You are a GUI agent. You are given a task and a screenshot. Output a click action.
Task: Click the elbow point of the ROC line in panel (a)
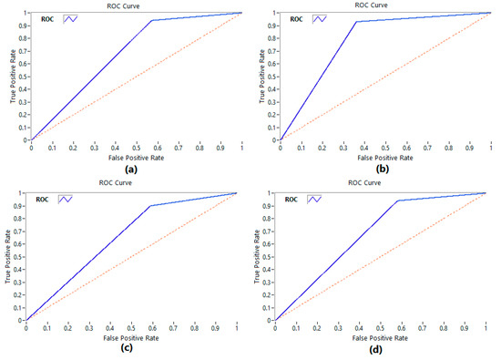click(151, 20)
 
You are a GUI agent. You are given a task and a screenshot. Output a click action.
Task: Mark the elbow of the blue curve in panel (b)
click(355, 22)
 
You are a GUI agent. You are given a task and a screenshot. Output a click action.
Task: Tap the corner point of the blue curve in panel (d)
click(397, 201)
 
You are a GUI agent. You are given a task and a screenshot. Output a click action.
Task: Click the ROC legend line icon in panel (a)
click(72, 16)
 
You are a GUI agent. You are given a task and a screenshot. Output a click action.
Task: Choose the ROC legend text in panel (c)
click(42, 199)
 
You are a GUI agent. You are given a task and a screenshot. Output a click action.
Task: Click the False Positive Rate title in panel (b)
click(383, 156)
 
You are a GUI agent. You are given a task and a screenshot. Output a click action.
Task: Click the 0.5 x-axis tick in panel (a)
click(136, 147)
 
